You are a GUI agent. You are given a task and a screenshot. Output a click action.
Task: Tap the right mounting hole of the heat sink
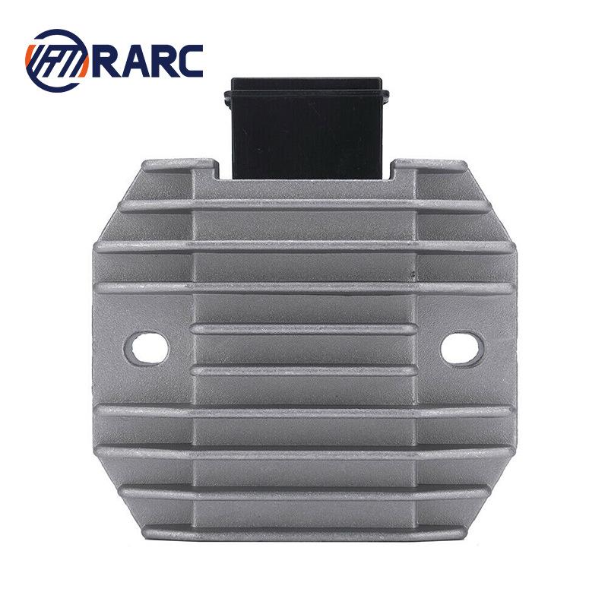(461, 348)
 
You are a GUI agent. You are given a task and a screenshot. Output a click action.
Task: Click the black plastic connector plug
(307, 128)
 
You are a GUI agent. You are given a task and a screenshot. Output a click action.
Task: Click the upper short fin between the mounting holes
(305, 329)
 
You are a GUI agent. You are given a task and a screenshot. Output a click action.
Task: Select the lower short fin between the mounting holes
(305, 371)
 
